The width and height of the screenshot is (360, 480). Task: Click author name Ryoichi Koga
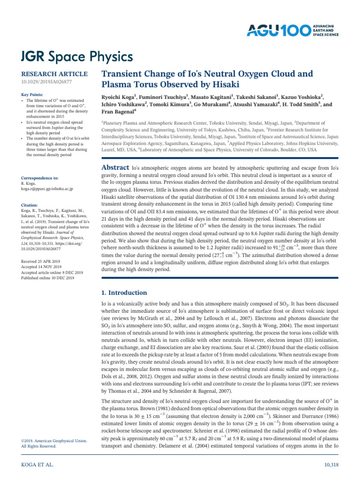click(118, 97)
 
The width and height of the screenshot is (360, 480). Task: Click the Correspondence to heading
click(40, 178)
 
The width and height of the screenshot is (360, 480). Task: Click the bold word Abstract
click(115, 167)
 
